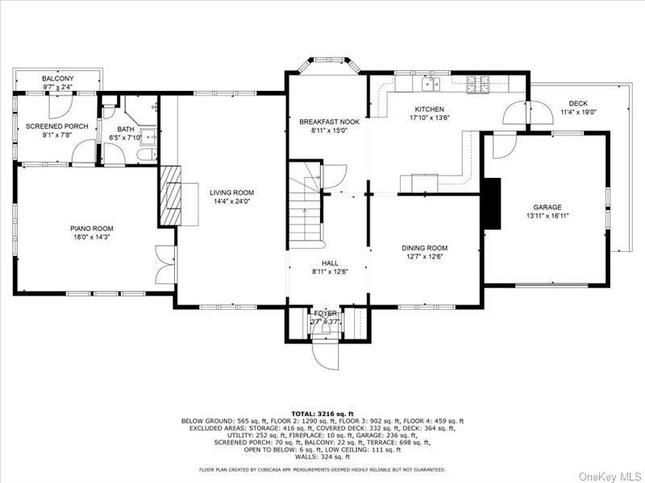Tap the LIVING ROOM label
click(x=231, y=192)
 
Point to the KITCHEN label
click(x=429, y=109)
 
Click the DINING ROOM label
click(x=424, y=248)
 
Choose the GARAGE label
click(x=547, y=207)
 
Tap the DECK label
click(x=577, y=103)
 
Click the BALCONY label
click(x=57, y=79)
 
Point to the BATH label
click(x=126, y=129)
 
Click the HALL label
click(x=330, y=263)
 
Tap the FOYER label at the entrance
click(x=327, y=312)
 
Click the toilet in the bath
click(x=144, y=155)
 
